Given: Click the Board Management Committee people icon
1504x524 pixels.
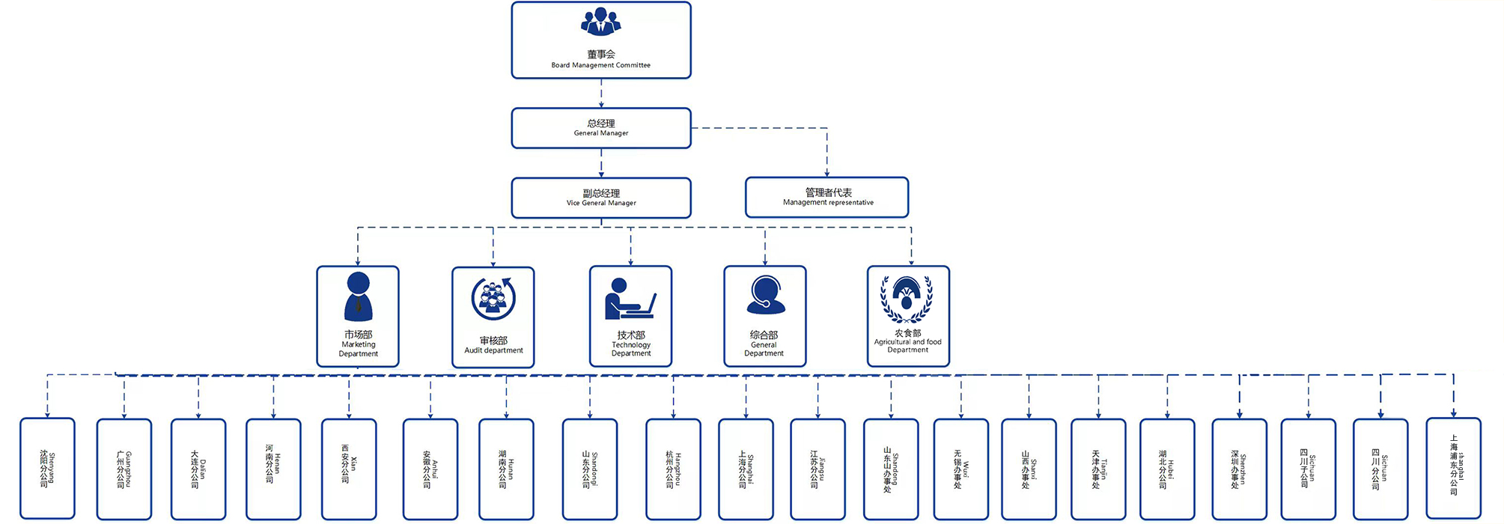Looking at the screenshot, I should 600,22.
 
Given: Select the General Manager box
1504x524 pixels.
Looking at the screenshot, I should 600,128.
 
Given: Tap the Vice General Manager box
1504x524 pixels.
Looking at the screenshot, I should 600,198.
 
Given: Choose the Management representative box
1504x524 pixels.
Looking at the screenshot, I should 826,197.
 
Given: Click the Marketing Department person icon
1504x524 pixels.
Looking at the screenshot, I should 358,296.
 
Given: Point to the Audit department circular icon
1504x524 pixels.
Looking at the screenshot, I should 493,298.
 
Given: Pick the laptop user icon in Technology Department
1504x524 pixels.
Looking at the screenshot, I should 630,299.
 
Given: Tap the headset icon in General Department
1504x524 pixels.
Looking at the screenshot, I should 765,296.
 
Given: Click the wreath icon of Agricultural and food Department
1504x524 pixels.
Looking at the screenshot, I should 907,299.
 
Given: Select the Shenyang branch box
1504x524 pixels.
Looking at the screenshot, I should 47,469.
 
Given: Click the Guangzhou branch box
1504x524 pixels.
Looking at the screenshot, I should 124,469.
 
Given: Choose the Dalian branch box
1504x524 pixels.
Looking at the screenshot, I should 198,469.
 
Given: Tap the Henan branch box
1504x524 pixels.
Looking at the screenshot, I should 273,469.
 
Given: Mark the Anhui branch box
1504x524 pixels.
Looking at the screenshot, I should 430,469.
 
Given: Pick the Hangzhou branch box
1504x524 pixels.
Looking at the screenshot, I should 673,469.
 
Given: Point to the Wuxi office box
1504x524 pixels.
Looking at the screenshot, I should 961,469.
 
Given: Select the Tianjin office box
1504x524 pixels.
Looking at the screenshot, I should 1098,469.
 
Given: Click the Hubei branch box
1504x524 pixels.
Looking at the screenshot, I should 1167,469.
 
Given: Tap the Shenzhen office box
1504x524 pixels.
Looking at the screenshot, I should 1239,469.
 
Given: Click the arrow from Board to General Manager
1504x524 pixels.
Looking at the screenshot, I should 601,94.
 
